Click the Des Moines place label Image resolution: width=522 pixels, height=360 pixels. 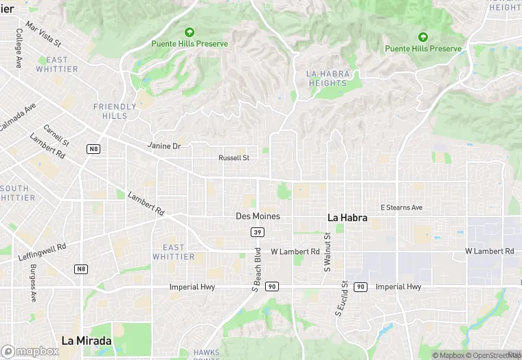258,216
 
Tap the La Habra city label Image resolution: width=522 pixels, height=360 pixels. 347,217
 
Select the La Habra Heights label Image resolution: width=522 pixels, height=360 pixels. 328,78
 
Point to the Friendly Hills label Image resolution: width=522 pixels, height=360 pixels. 110,111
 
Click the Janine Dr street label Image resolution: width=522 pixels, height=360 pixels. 164,146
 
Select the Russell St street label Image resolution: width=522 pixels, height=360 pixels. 234,157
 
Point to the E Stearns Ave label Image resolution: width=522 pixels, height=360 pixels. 402,207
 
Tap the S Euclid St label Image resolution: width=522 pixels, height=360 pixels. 339,299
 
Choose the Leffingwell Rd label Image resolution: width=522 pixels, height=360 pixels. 42,251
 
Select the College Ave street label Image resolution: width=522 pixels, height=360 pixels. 19,48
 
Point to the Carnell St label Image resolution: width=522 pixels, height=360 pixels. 56,135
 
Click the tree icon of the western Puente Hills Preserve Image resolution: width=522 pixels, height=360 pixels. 190,32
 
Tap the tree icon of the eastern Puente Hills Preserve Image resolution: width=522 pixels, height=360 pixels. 423,36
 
